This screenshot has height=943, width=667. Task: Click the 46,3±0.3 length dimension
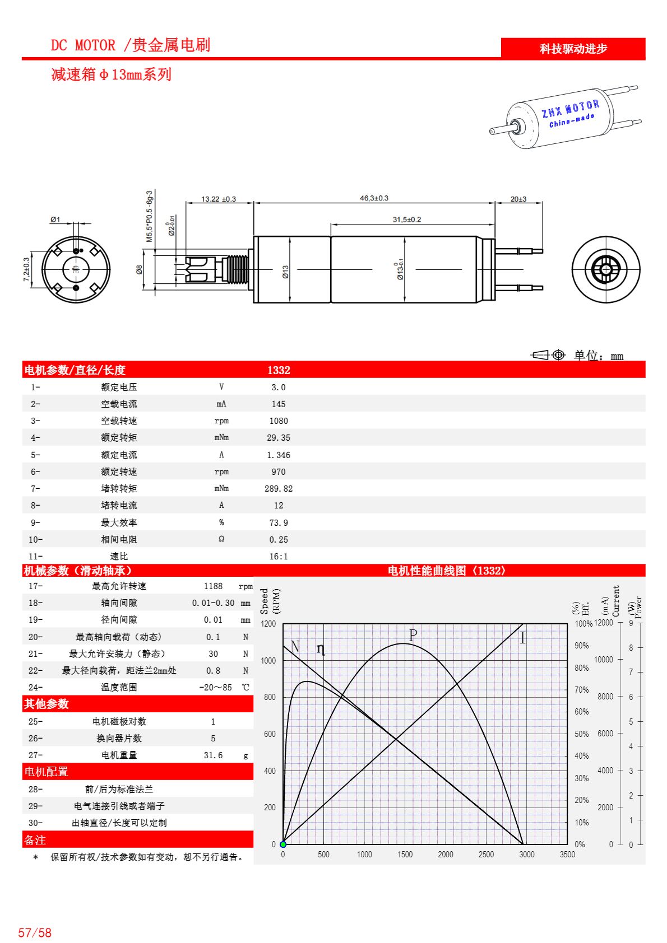coord(374,198)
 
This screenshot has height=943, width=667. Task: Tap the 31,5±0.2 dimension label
coord(407,220)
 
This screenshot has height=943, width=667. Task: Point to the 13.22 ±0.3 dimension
coord(219,199)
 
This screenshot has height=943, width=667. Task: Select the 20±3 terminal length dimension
coord(518,199)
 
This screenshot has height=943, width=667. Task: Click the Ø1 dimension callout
coord(55,220)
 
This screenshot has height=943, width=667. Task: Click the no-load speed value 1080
coord(279,421)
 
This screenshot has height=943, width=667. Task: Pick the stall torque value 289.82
coord(279,489)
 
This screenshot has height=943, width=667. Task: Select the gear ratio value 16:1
coord(279,557)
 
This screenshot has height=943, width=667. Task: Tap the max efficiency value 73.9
coord(279,523)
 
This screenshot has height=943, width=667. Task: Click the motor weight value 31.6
coord(213,755)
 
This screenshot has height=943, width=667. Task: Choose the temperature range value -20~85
coord(215,688)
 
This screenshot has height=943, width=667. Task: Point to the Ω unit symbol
coord(221,539)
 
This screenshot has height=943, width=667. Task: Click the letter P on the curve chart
coord(413,636)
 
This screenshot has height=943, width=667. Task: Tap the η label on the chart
coord(321,648)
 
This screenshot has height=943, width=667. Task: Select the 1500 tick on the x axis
coord(405,855)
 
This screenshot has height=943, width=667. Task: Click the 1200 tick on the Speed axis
coord(268,624)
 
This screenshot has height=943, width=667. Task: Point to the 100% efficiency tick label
coord(583,624)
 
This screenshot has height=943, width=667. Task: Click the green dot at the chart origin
coord(283,844)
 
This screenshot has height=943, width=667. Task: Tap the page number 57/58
coord(35,933)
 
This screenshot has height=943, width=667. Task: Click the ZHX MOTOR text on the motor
coord(571,109)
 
